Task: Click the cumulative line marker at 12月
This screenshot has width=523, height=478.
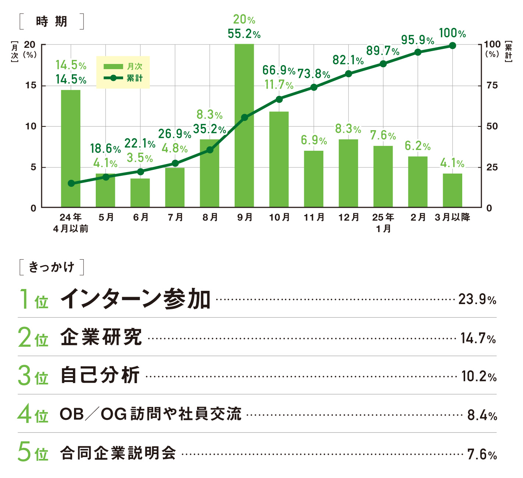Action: coord(348,74)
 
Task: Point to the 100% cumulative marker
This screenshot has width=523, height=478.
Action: coord(453,46)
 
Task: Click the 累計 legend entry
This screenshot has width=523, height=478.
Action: coord(123,78)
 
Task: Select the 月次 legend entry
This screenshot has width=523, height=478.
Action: coord(123,67)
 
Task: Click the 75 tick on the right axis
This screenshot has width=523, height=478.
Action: coord(492,85)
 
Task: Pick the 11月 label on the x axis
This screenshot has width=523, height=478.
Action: coord(314,217)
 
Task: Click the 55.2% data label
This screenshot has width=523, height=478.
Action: coord(244,34)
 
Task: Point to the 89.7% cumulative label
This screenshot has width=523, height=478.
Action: coord(383,51)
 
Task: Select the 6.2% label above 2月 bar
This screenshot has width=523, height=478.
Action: coord(418,146)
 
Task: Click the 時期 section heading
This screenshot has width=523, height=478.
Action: coord(52,22)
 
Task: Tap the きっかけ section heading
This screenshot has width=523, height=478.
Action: coord(52,267)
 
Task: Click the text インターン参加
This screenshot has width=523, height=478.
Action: coord(135,299)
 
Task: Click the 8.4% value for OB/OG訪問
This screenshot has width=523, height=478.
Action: coord(482,415)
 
